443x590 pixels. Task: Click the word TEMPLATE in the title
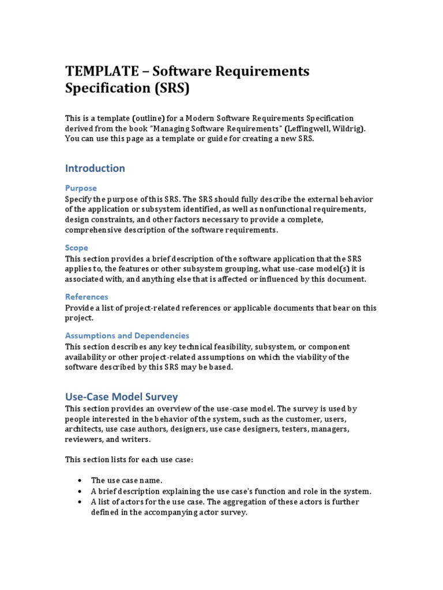click(102, 71)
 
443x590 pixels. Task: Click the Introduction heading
click(95, 168)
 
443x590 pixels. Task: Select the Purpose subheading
click(81, 188)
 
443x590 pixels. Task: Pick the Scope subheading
click(77, 248)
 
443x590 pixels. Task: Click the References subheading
click(87, 297)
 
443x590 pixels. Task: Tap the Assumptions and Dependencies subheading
click(127, 335)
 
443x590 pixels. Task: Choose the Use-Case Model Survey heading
click(122, 397)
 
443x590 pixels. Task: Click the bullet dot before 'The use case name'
click(78, 481)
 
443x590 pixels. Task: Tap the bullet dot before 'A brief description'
click(78, 491)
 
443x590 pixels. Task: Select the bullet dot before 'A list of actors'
click(78, 502)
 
